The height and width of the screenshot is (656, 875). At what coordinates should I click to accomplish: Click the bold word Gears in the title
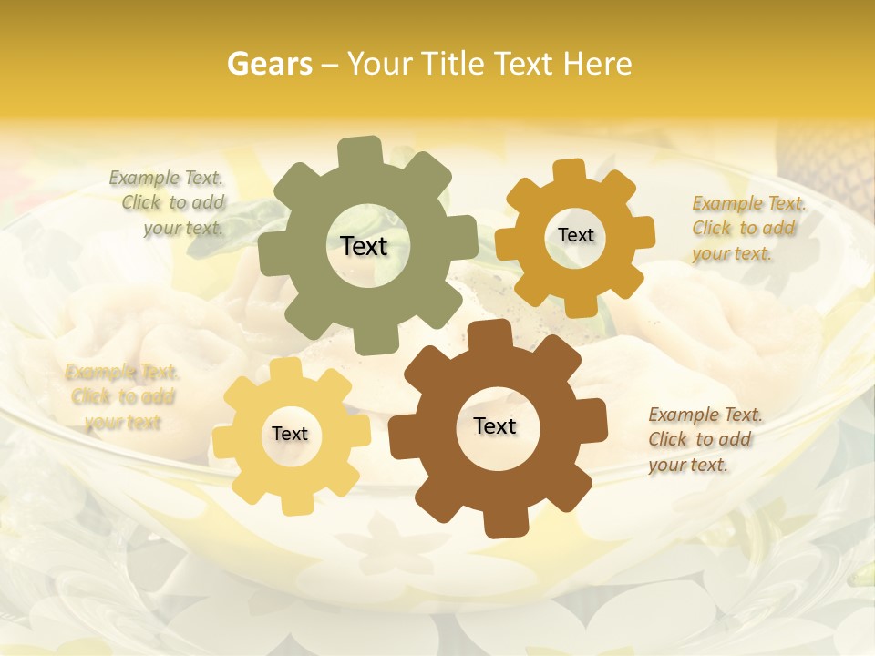pos(269,64)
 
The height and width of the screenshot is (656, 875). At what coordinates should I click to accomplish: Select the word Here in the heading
pos(598,64)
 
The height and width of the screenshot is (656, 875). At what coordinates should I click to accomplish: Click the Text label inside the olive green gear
pos(364,246)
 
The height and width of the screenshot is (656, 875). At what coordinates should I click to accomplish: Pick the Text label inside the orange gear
pos(575,235)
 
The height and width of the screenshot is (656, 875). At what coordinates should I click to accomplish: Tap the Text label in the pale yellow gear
pos(290,435)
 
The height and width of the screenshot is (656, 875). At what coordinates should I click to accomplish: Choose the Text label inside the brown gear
pos(495,426)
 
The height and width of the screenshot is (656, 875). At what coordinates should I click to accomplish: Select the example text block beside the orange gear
pos(748,229)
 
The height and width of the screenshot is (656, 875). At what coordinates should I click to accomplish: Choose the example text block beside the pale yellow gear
pos(122,397)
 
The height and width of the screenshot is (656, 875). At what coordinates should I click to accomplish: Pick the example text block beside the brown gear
pos(705,440)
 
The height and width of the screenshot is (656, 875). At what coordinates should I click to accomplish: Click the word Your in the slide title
pos(376,64)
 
